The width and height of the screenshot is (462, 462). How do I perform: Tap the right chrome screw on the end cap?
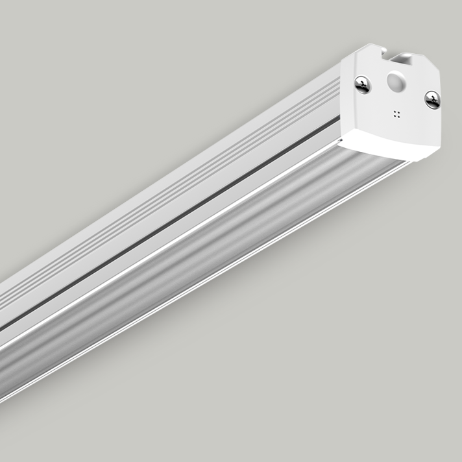tap(432, 99)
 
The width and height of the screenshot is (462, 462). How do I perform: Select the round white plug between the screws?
tap(395, 82)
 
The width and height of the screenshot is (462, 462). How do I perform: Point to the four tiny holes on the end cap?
tap(396, 114)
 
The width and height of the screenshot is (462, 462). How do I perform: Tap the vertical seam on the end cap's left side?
tap(343, 97)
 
